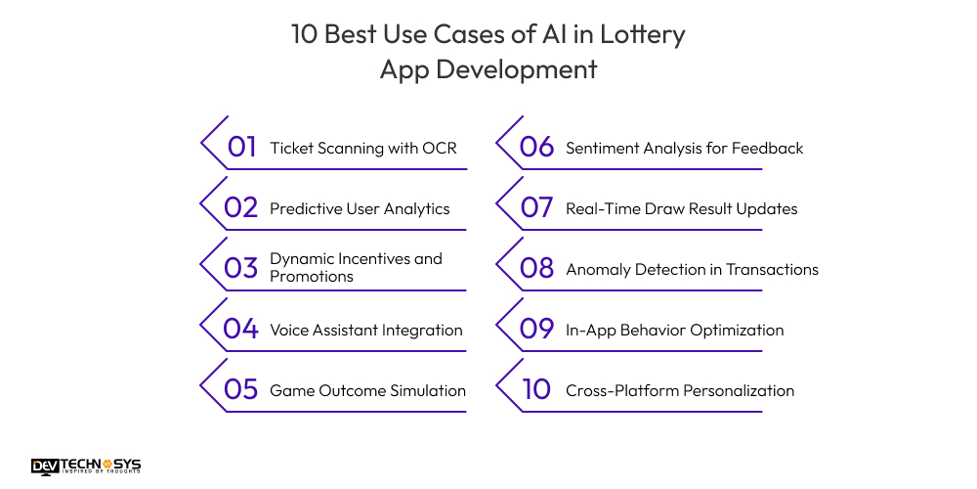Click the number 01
[241, 148]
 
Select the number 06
[537, 148]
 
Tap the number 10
[536, 390]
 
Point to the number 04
[240, 330]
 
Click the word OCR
[439, 149]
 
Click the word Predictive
[304, 208]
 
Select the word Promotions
[312, 277]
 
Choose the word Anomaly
[600, 269]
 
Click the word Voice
[290, 330]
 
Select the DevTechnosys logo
[85, 467]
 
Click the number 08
[537, 269]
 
